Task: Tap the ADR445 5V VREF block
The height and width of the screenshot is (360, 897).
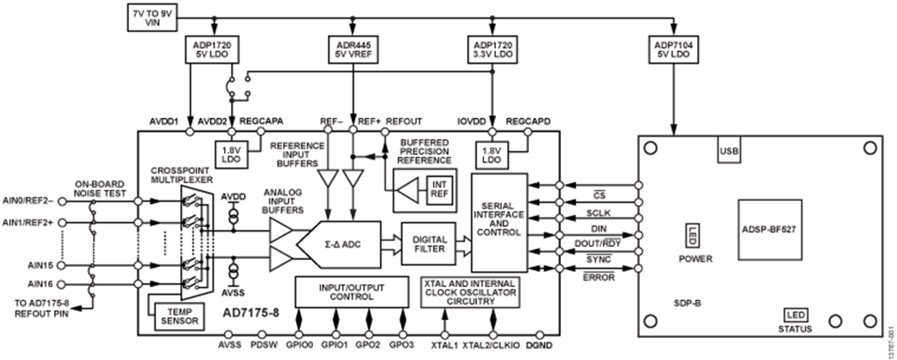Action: (x=353, y=48)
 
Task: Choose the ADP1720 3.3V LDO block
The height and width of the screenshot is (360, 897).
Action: (x=492, y=48)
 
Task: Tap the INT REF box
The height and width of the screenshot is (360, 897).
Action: (x=438, y=189)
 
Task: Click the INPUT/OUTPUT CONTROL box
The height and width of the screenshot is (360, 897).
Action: (x=351, y=292)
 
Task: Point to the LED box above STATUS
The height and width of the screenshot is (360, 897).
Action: (x=795, y=315)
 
